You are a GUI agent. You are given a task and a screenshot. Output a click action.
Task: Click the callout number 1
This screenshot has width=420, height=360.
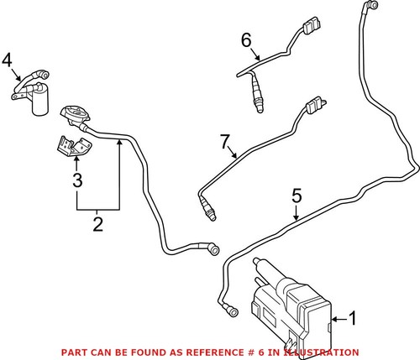(353, 319)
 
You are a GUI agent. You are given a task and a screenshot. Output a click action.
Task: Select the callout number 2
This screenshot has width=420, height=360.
(97, 224)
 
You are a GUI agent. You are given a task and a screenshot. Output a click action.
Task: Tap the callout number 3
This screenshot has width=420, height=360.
(76, 180)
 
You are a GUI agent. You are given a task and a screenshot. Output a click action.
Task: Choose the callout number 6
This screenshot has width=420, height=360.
(246, 39)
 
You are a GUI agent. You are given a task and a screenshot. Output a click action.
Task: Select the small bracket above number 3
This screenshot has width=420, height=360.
(71, 146)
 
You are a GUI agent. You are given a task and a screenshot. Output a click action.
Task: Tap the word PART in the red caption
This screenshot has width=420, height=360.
(79, 352)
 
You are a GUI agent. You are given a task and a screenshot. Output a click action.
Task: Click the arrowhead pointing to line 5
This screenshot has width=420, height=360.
(297, 219)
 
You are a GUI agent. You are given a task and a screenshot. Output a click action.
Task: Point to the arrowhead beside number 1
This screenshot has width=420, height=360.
(337, 319)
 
